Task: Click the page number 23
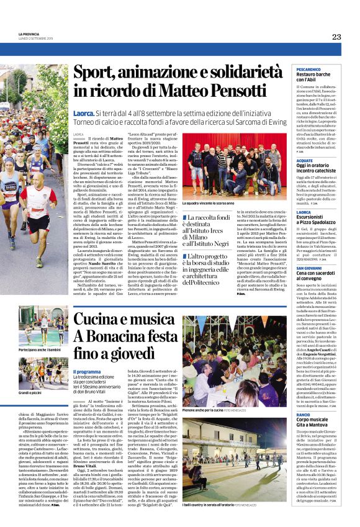336,37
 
